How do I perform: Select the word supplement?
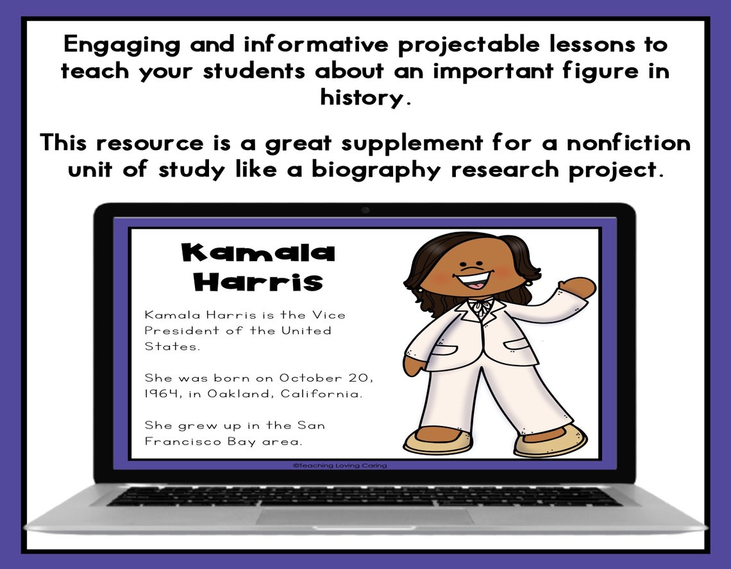tap(408, 142)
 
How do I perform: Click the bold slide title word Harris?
tap(258, 282)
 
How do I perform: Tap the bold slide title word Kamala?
tap(258, 253)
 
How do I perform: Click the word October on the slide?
tap(309, 378)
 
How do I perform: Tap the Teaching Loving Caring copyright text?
tap(340, 466)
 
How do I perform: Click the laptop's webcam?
tap(365, 210)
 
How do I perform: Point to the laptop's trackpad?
tap(365, 516)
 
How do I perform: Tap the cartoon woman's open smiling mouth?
tap(475, 280)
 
